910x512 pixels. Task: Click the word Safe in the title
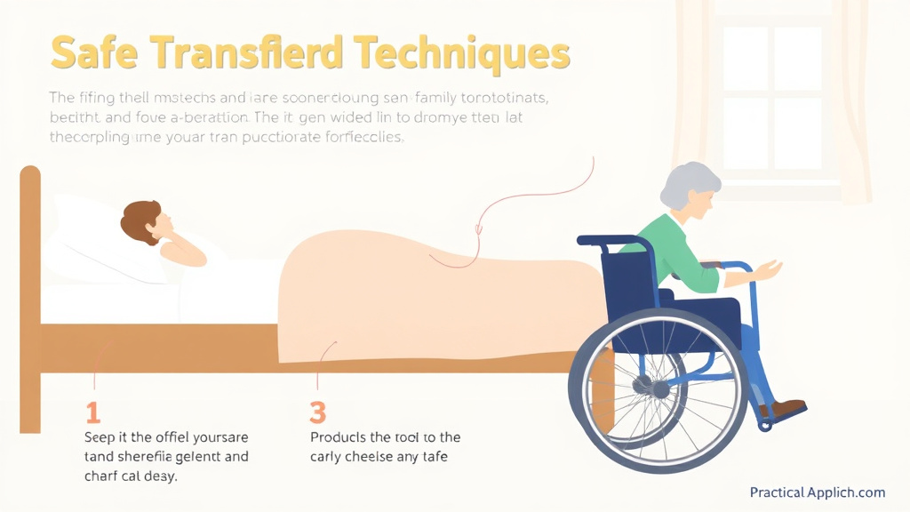pyautogui.click(x=94, y=53)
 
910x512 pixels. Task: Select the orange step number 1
pyautogui.click(x=92, y=412)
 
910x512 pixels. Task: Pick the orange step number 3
pyautogui.click(x=318, y=412)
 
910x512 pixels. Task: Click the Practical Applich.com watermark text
pyautogui.click(x=817, y=492)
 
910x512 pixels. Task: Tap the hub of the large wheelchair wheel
pyautogui.click(x=659, y=388)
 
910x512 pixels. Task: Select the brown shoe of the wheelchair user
pyautogui.click(x=783, y=410)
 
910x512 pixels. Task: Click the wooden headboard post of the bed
pyautogui.click(x=30, y=293)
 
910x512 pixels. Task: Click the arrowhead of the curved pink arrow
pyautogui.click(x=479, y=232)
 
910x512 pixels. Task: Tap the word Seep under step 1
pyautogui.click(x=100, y=437)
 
